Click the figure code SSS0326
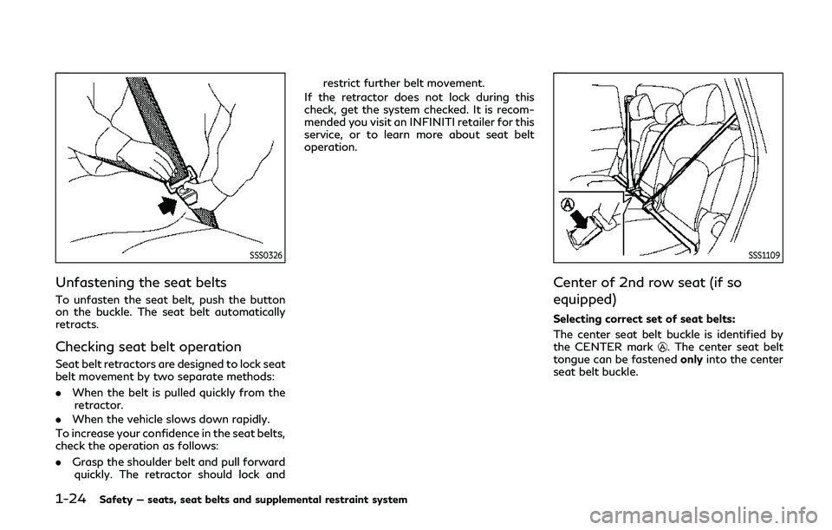coord(266,254)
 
